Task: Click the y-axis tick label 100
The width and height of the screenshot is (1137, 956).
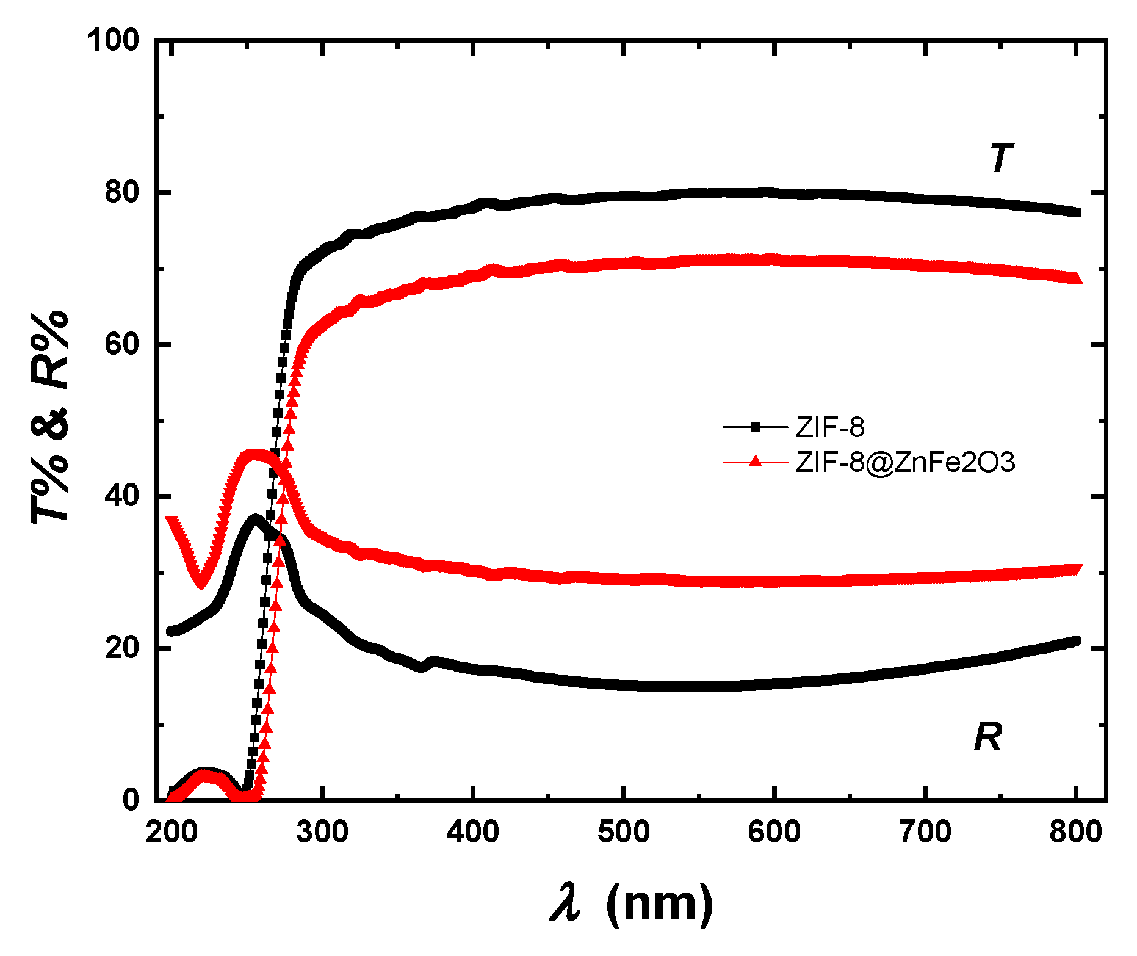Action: click(x=114, y=41)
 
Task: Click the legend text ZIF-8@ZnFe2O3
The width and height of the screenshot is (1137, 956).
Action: click(x=905, y=462)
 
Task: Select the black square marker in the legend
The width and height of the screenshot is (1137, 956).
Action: click(x=756, y=427)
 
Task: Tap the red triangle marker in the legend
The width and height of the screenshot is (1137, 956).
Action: click(x=756, y=462)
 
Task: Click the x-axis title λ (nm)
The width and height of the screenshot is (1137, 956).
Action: click(x=632, y=905)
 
